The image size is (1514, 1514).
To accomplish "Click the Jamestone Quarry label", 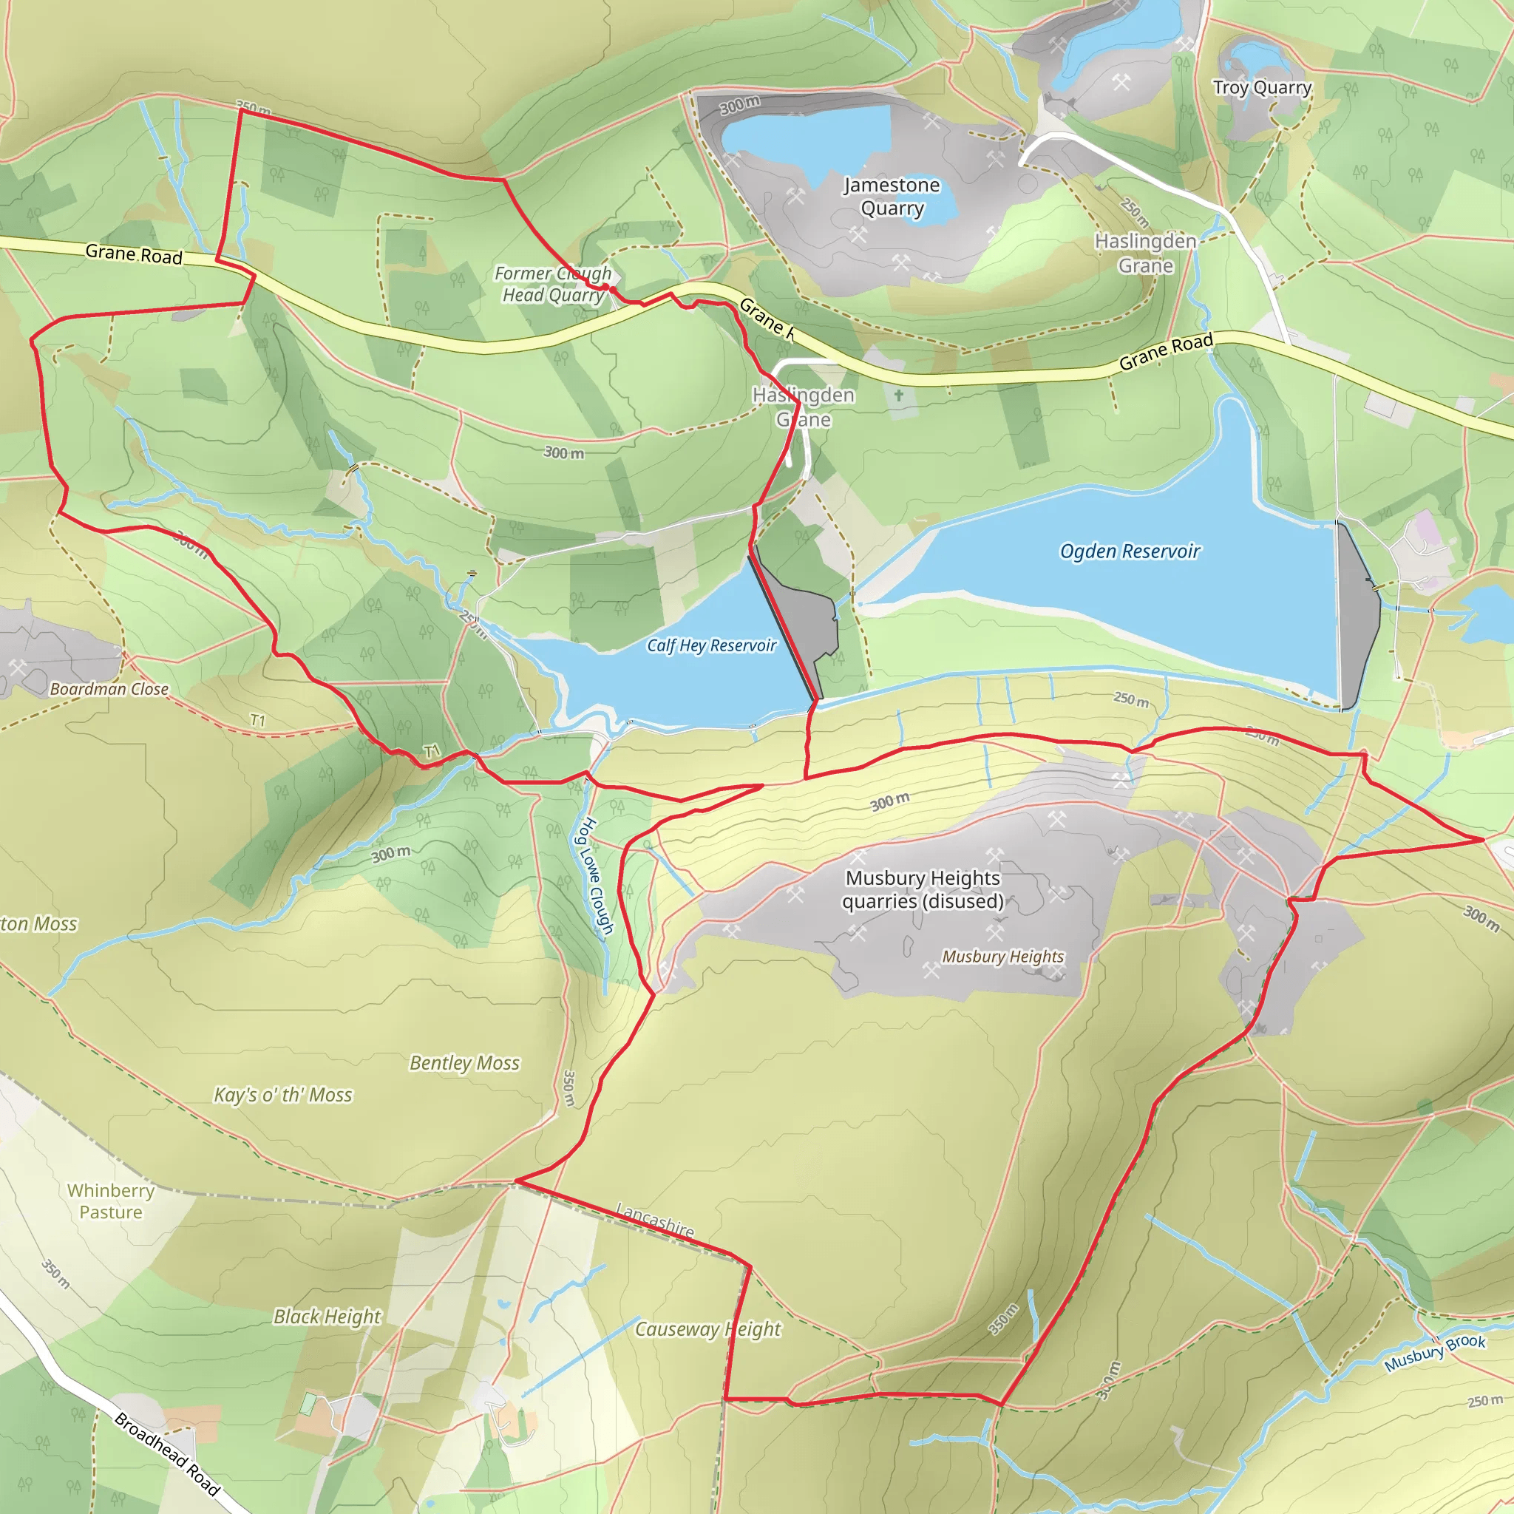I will (x=892, y=197).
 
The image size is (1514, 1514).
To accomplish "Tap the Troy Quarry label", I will (x=1262, y=88).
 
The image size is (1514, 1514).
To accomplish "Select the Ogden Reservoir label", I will (x=1130, y=551).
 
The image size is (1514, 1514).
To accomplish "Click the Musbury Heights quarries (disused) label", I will (x=923, y=889).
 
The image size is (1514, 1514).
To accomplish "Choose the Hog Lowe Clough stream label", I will (x=597, y=876).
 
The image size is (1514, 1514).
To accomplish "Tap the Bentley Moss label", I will (x=465, y=1063).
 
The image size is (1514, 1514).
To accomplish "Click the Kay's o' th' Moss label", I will (x=283, y=1095).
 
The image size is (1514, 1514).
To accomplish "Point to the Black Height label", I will (x=327, y=1317).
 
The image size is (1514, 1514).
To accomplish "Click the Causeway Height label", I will (x=707, y=1329).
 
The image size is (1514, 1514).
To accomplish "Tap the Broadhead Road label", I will (x=167, y=1454).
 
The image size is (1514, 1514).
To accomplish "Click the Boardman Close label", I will (x=109, y=689).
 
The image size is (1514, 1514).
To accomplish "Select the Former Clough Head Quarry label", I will (x=553, y=284).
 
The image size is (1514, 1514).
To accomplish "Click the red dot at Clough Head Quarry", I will (x=605, y=288).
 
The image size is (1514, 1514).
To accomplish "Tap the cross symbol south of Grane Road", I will (x=899, y=396).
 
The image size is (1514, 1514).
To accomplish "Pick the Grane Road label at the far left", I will (x=134, y=254).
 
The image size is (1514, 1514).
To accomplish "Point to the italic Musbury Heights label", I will (x=1002, y=956).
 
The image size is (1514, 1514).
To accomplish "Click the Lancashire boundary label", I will (x=655, y=1221).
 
